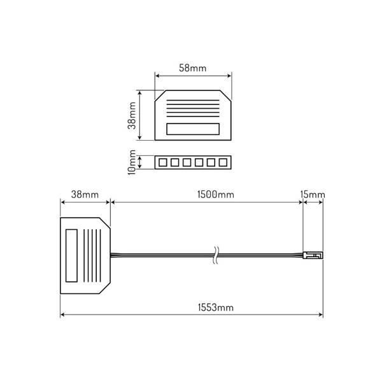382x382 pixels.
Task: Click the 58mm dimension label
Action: pos(192,68)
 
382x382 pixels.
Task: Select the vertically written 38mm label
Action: pos(132,115)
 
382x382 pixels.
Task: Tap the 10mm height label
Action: pos(132,162)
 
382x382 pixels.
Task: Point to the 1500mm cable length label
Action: pos(216,195)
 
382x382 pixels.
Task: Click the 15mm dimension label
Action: pos(313,195)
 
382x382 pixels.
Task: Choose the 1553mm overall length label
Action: pos(216,308)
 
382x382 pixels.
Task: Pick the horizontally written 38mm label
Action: pos(85,195)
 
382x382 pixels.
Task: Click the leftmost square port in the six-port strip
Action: pos(163,162)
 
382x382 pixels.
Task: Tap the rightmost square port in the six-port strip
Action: pos(223,162)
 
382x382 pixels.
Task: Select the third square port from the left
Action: pos(187,162)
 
